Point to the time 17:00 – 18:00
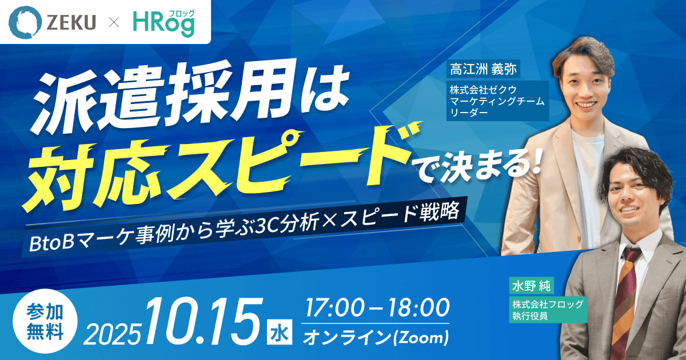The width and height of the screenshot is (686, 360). [377, 309]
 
